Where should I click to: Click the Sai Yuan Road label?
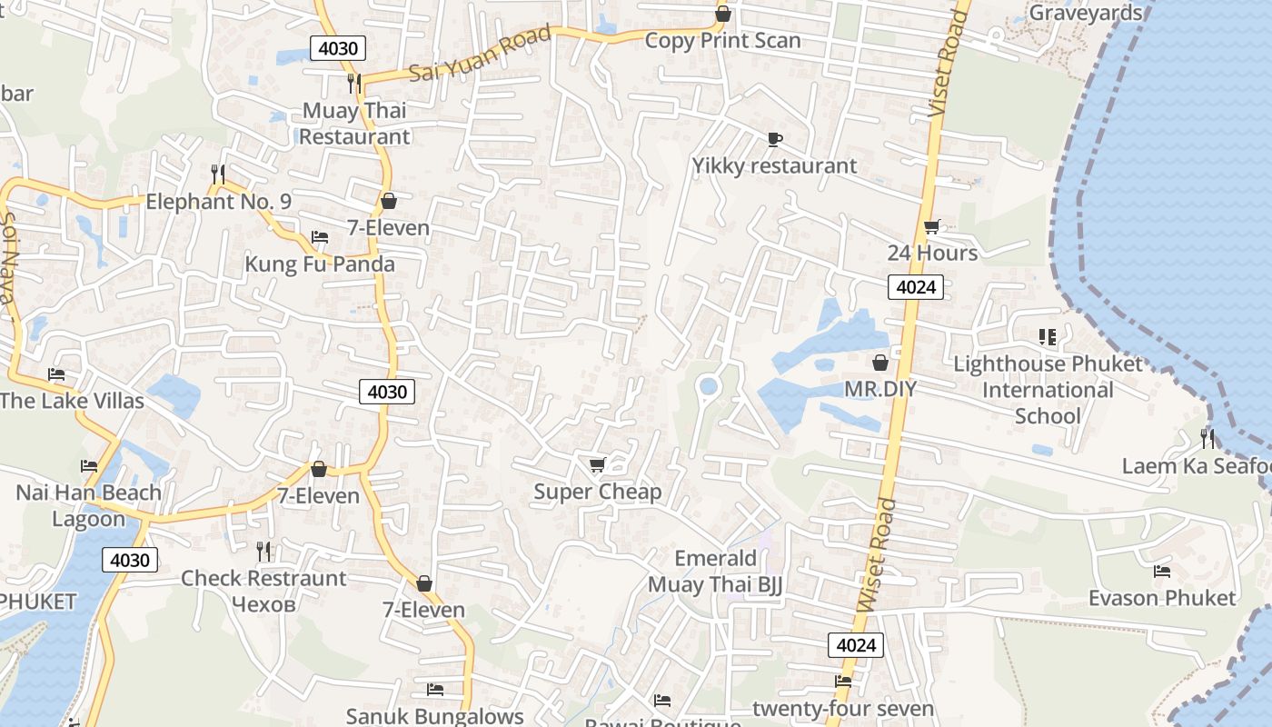[x=480, y=55]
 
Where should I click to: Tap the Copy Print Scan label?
[x=722, y=41]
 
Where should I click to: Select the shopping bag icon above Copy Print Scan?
[x=723, y=14]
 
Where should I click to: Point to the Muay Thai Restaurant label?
[x=354, y=124]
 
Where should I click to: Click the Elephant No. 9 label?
[x=218, y=202]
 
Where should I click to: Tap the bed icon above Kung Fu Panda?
[x=320, y=237]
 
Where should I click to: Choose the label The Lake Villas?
[x=72, y=401]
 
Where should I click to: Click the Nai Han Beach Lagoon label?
[x=88, y=505]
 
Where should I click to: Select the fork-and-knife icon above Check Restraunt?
[x=263, y=551]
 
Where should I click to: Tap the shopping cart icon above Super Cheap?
[x=597, y=465]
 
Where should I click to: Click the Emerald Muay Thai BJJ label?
[x=714, y=572]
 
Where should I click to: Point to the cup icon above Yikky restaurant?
[x=774, y=139]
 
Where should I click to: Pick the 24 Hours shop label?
[x=932, y=253]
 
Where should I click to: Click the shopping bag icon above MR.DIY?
[x=879, y=363]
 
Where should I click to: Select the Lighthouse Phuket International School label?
[x=1048, y=390]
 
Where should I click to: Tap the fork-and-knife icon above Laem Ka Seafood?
[x=1207, y=439]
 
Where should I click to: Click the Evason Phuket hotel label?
[x=1162, y=598]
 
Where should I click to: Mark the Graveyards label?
[x=1085, y=13]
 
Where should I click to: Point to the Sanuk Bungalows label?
[x=434, y=716]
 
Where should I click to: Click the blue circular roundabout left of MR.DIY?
[x=708, y=388]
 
